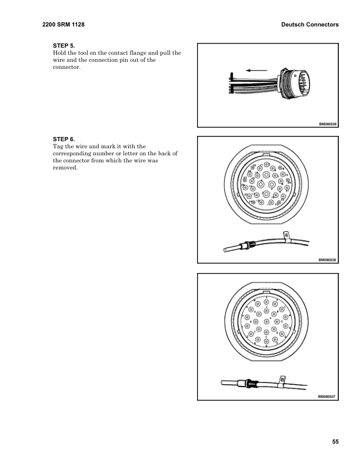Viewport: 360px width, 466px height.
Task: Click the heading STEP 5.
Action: (x=64, y=45)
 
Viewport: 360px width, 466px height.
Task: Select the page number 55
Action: (x=335, y=442)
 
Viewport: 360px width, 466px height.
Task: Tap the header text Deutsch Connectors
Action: (x=310, y=25)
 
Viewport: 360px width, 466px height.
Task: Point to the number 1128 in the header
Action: (x=78, y=25)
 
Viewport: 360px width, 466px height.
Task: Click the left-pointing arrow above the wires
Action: (x=256, y=70)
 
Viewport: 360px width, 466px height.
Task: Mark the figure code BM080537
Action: (x=327, y=397)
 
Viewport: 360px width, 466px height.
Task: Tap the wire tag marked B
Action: (x=282, y=381)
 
